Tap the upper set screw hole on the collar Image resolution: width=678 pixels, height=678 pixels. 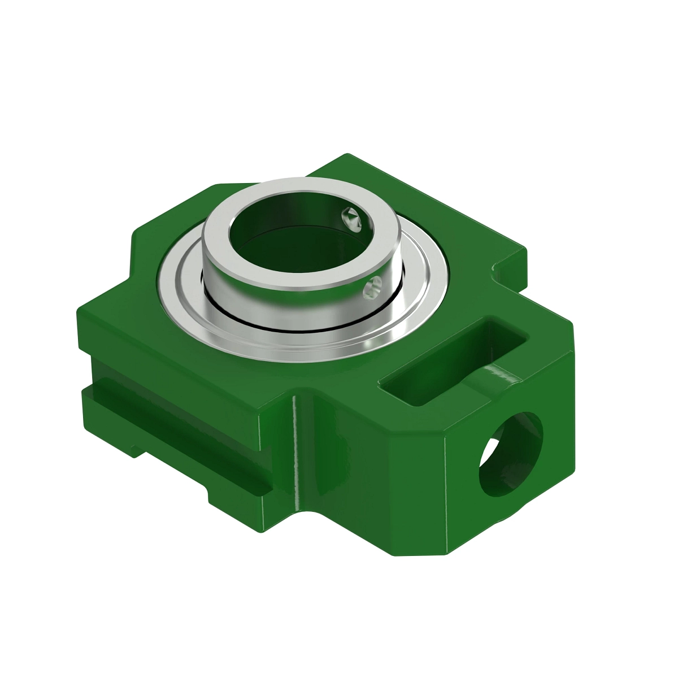click(x=351, y=218)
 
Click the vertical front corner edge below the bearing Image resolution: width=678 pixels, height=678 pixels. click(x=295, y=446)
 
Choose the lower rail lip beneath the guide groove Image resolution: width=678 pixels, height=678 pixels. click(x=169, y=446)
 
